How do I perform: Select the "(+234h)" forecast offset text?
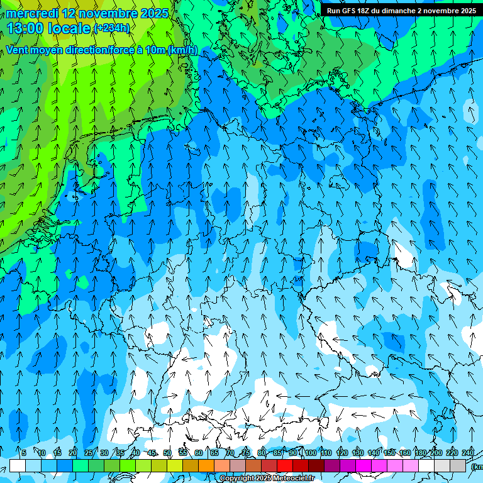(x=111, y=28)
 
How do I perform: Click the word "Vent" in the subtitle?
(x=18, y=50)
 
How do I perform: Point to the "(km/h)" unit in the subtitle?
(x=183, y=50)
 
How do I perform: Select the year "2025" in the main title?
(x=155, y=13)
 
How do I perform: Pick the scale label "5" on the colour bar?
(x=24, y=453)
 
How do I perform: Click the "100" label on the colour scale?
(x=310, y=453)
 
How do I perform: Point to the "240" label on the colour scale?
(x=468, y=453)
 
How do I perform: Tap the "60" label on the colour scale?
(x=199, y=453)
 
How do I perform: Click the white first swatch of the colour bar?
(x=18, y=465)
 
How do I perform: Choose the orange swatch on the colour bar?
(x=206, y=465)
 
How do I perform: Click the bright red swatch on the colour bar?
(x=285, y=465)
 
